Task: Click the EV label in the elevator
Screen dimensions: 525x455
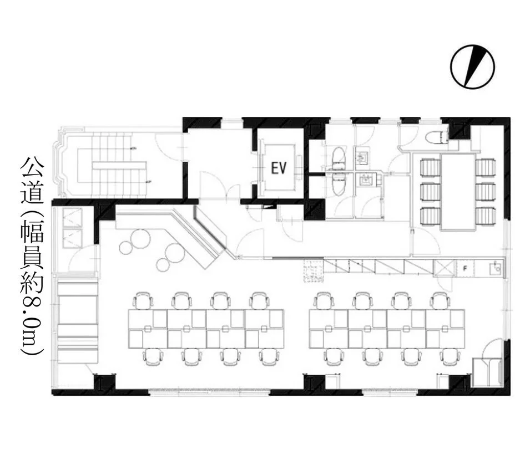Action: [x=279, y=168]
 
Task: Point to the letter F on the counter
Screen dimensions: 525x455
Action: [x=465, y=268]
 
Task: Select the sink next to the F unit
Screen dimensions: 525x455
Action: [x=495, y=268]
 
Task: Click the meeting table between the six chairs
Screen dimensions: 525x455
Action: [x=458, y=192]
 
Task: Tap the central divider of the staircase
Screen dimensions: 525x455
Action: [x=119, y=166]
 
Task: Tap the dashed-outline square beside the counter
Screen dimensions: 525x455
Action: [x=314, y=270]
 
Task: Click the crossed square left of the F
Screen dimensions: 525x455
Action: [x=445, y=268]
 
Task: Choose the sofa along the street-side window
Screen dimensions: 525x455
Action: [x=77, y=323]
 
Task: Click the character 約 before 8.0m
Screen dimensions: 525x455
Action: [x=32, y=281]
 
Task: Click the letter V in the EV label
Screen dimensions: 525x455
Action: [x=283, y=168]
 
